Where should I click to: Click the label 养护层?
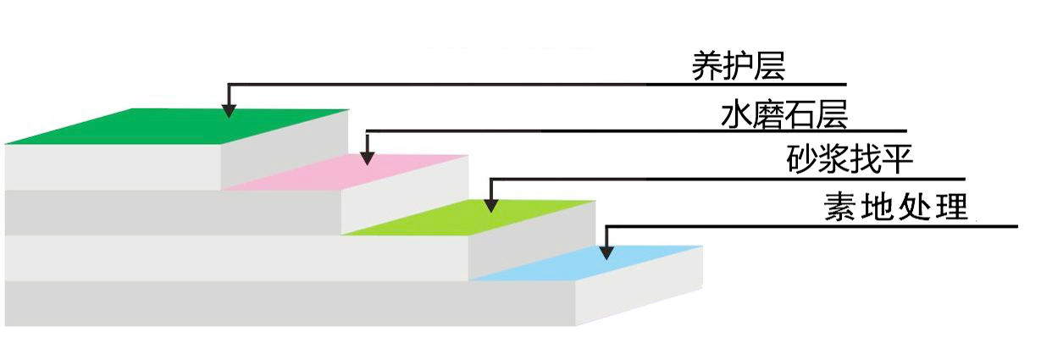pyautogui.click(x=739, y=65)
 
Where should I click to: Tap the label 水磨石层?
pyautogui.click(x=784, y=114)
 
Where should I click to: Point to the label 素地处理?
pyautogui.click(x=895, y=207)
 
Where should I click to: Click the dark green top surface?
pyautogui.click(x=169, y=127)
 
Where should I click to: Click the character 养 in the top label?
pyautogui.click(x=707, y=65)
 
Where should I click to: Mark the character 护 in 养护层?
pyautogui.click(x=739, y=65)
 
